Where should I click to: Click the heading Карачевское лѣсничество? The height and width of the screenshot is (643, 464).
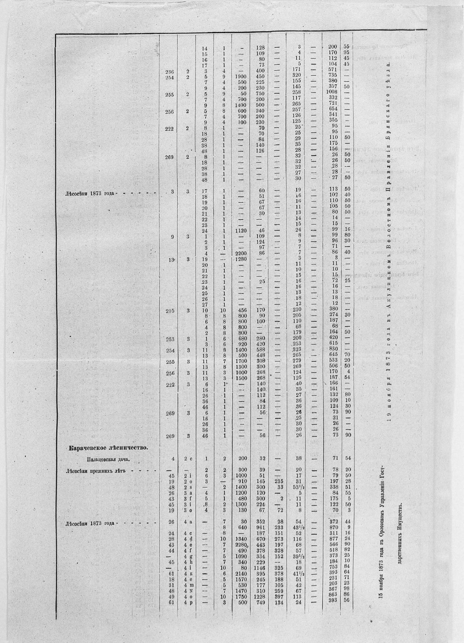tap(108, 448)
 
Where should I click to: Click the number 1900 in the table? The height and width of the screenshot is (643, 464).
tap(240, 77)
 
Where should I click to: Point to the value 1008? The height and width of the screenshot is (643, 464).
tap(331, 91)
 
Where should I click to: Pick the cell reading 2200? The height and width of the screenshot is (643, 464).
tap(240, 253)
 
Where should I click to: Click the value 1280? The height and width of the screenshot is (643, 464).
tap(240, 258)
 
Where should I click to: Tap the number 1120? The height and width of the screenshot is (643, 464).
tap(240, 230)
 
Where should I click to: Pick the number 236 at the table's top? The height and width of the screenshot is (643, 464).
tap(169, 71)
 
